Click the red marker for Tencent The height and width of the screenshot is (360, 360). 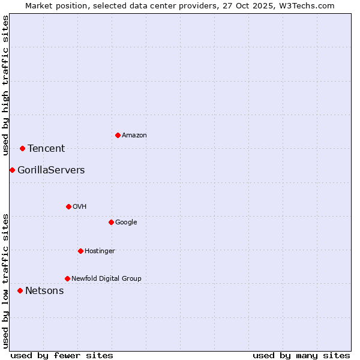click(x=22, y=148)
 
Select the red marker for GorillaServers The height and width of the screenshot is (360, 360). click(x=12, y=170)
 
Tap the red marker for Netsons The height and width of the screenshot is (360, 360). click(x=20, y=290)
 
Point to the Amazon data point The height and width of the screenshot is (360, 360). click(x=118, y=135)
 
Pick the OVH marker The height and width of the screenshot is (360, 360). click(x=68, y=206)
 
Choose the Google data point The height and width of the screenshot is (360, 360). click(x=111, y=222)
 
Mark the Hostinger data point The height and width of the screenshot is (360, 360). click(x=80, y=251)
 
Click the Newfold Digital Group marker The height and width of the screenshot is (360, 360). click(x=67, y=278)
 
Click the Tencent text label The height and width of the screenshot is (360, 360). click(x=46, y=149)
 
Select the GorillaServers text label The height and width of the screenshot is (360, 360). click(x=51, y=170)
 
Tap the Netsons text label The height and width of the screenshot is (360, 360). click(x=44, y=291)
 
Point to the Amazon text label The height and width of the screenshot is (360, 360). click(x=134, y=136)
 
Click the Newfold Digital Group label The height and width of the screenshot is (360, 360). click(x=106, y=278)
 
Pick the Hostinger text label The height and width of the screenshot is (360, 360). click(x=100, y=251)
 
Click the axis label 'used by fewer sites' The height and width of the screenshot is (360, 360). click(x=62, y=355)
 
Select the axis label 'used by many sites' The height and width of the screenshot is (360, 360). click(x=301, y=355)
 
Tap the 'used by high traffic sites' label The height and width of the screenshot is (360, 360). click(x=6, y=85)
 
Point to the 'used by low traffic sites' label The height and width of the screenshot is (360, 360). click(x=6, y=280)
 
